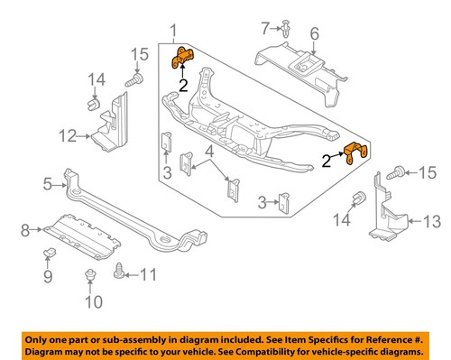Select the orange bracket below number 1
pos(183,58)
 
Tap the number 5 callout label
pos(48,186)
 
